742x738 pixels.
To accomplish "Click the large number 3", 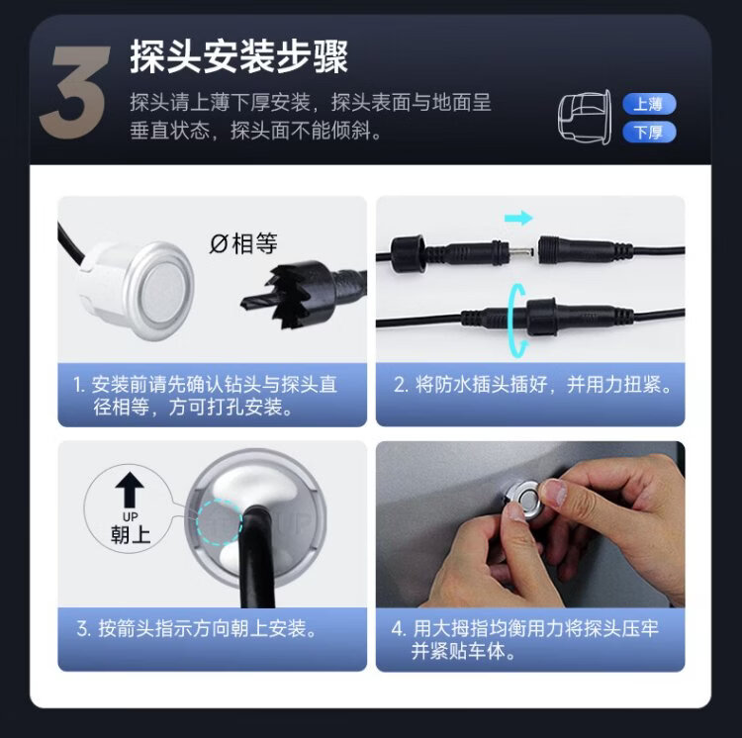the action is (x=76, y=91).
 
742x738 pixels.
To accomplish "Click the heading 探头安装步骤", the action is (x=239, y=56).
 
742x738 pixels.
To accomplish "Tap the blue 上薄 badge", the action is (x=649, y=104).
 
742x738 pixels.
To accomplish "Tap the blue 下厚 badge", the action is (x=649, y=132).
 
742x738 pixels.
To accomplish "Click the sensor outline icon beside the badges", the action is (x=585, y=117).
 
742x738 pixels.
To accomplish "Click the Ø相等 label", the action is (x=243, y=244).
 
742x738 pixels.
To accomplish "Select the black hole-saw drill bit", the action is (x=303, y=295).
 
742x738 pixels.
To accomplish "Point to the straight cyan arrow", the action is (x=518, y=218).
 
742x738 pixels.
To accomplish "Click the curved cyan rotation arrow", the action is (x=514, y=321).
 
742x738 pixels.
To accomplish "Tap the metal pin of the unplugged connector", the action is (x=521, y=250).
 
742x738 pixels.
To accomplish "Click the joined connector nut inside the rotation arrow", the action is (x=541, y=316).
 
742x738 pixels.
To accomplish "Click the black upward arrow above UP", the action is (x=130, y=490).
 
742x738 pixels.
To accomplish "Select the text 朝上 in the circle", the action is (x=131, y=534).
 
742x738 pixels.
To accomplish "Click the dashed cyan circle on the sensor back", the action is (x=220, y=522).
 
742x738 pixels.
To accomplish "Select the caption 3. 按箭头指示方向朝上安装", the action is (x=196, y=629).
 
